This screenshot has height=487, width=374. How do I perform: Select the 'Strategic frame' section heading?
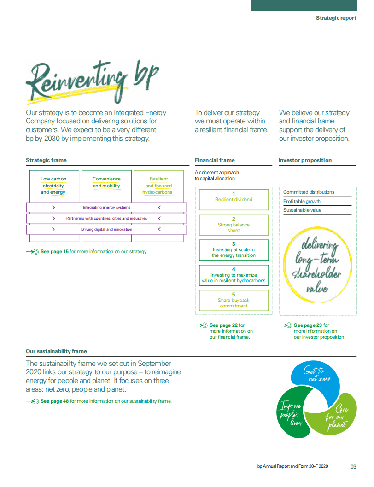(x=46, y=160)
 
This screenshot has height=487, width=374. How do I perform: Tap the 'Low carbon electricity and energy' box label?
(x=53, y=186)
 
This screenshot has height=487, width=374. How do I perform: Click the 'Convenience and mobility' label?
(x=106, y=182)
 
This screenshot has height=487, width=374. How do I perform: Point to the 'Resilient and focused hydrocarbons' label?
(x=158, y=186)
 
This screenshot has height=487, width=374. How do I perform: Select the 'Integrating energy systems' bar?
(x=106, y=207)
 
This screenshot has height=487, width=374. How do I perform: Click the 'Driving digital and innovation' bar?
(x=106, y=229)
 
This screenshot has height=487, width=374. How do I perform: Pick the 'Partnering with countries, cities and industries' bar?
(x=106, y=218)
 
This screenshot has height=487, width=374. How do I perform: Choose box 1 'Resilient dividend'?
(x=234, y=197)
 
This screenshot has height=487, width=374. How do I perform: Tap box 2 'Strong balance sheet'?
(x=234, y=225)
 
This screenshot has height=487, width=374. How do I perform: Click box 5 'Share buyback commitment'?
(x=234, y=303)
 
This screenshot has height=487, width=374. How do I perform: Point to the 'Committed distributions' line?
(x=309, y=192)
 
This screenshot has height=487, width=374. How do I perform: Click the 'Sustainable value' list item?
(x=303, y=210)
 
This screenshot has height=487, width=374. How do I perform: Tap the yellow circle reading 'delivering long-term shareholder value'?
(x=317, y=267)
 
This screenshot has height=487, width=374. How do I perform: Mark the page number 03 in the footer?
(x=353, y=466)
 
